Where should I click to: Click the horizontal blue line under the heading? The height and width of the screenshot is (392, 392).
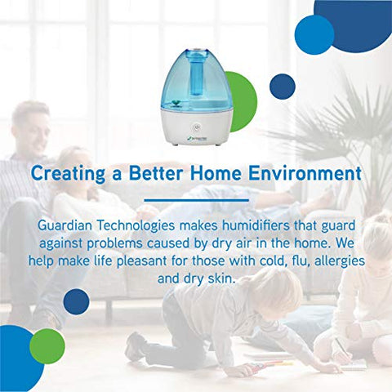[195, 198]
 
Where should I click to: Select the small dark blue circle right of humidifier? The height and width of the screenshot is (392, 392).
[282, 86]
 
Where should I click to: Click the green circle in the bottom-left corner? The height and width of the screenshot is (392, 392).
[47, 345]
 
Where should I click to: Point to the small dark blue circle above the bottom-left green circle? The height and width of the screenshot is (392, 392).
[76, 301]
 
